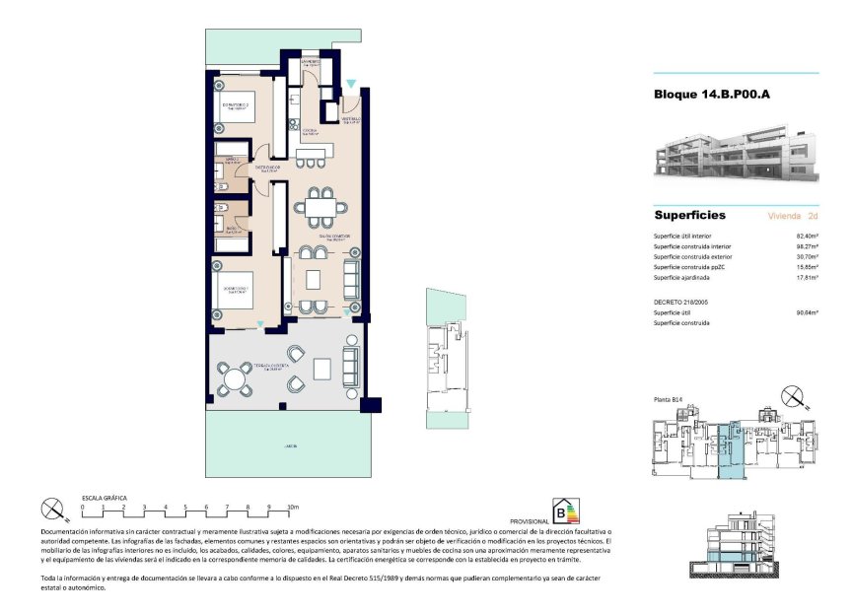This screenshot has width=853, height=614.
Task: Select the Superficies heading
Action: click(689, 215)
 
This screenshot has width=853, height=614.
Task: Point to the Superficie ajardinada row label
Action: click(686, 277)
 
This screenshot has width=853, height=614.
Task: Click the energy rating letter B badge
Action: click(564, 511)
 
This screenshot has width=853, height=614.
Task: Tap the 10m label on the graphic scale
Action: click(293, 507)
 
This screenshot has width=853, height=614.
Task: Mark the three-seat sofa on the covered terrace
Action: click(350, 365)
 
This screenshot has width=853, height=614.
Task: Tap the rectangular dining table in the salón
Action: click(320, 209)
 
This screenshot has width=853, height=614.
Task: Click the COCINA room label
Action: click(308, 131)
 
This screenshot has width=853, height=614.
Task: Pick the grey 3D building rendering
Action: click(735, 156)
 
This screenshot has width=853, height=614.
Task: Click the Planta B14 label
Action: click(669, 399)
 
